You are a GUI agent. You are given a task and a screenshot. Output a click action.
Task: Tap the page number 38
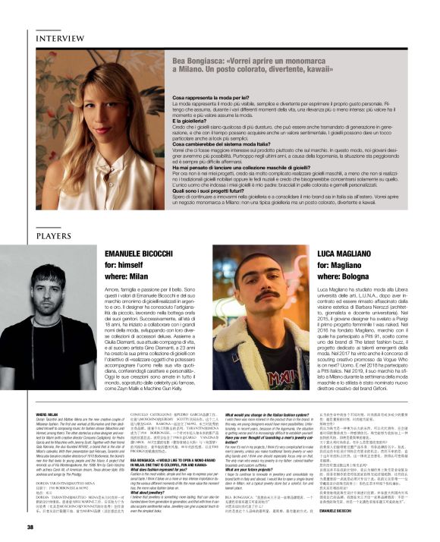pos(31,525)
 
